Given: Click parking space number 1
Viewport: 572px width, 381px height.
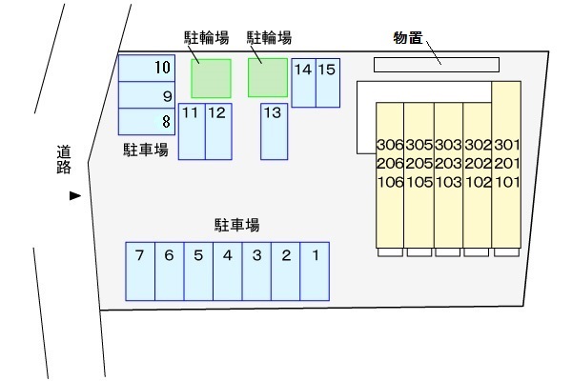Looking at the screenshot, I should [314, 271].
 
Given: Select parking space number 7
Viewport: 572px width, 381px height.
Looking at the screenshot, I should [140, 271].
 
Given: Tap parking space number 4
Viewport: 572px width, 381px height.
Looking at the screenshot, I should [227, 271].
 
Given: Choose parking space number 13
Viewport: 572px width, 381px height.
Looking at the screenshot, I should [274, 130].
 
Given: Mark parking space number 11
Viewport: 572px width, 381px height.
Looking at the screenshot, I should [192, 130].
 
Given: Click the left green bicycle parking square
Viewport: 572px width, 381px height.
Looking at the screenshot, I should [211, 78].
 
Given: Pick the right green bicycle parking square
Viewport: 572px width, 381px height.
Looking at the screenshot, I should [268, 78].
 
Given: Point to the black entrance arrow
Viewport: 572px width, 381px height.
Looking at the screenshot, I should [74, 196].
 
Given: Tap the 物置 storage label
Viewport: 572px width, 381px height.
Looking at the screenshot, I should [407, 38].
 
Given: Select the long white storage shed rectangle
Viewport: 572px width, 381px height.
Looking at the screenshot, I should [436, 64].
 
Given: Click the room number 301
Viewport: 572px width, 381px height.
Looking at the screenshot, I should [506, 146].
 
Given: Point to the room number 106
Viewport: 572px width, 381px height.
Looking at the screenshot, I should [390, 182].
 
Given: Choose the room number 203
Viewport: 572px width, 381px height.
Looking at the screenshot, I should [448, 164].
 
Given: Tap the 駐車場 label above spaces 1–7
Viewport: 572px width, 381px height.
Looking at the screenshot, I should [237, 226].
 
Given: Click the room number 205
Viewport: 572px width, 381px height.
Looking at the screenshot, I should [419, 164].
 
